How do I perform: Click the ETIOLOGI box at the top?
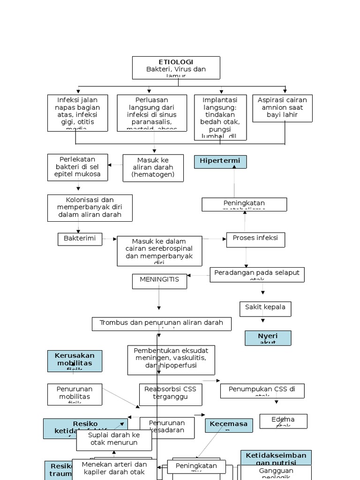(x=176, y=68)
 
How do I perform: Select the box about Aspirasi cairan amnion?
(x=282, y=108)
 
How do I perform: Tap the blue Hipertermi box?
(x=220, y=162)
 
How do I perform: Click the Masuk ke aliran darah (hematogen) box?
(x=153, y=168)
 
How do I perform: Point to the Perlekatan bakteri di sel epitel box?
(x=77, y=167)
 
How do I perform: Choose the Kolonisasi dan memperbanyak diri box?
(x=90, y=208)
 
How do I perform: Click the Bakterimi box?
(x=79, y=239)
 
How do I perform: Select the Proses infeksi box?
(x=255, y=239)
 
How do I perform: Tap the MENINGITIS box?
(x=159, y=281)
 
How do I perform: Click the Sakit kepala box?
(x=265, y=308)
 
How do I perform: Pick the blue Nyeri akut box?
(x=268, y=338)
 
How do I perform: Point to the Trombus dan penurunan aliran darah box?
(x=161, y=323)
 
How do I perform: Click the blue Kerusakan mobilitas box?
(x=75, y=361)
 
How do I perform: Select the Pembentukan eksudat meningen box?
(x=171, y=360)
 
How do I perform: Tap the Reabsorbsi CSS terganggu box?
(x=171, y=394)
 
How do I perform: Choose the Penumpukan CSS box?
(x=262, y=390)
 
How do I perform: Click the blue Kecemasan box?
(x=229, y=425)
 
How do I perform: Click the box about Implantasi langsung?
(x=220, y=117)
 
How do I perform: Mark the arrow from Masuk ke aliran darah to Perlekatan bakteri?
(x=115, y=165)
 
